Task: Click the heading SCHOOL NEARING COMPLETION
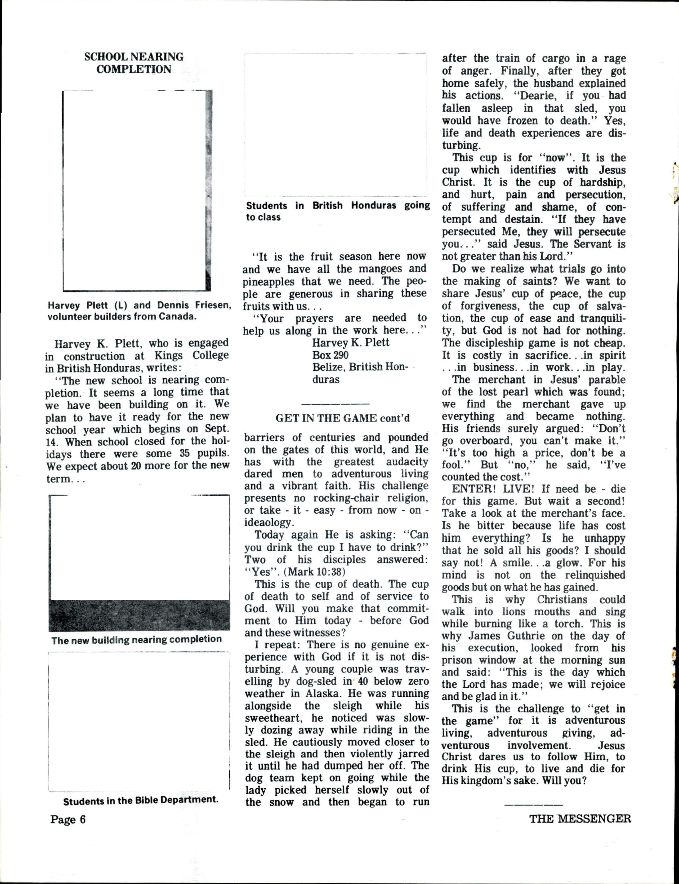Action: point(134,63)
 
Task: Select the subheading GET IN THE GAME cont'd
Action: point(342,418)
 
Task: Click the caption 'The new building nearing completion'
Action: point(137,639)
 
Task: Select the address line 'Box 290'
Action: point(330,355)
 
